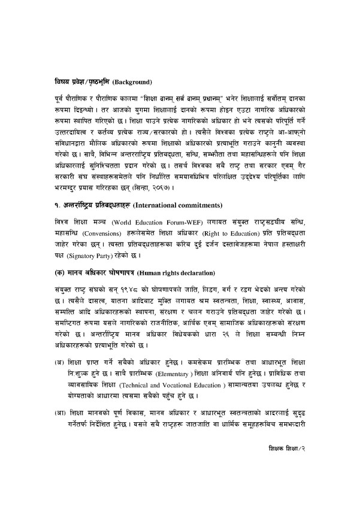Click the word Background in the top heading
click(x=133, y=81)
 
